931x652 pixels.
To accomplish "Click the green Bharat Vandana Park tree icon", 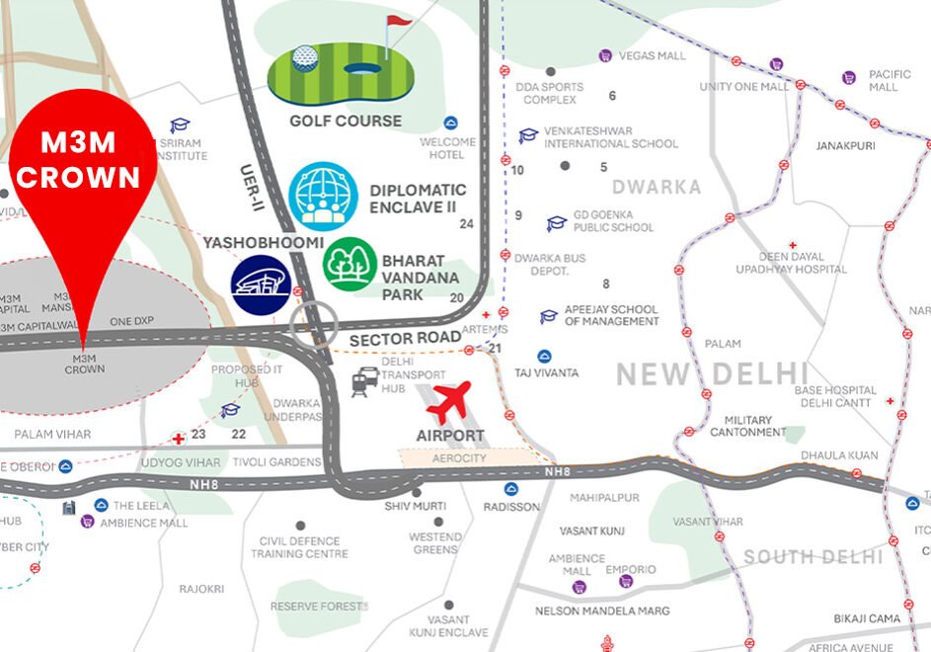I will [x=349, y=264].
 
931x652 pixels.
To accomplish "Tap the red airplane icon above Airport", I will [x=450, y=400].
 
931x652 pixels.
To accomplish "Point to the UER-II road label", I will [x=252, y=189].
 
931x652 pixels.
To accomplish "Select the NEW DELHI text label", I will [x=712, y=374].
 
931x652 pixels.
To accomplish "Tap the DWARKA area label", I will [x=656, y=187].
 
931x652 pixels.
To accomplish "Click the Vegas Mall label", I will [x=652, y=56].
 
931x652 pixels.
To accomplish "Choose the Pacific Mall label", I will [x=883, y=81].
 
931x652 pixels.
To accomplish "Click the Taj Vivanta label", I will [x=547, y=373].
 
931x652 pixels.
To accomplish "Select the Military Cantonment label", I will [x=748, y=426].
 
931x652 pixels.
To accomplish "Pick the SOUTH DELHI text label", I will [x=814, y=557].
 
